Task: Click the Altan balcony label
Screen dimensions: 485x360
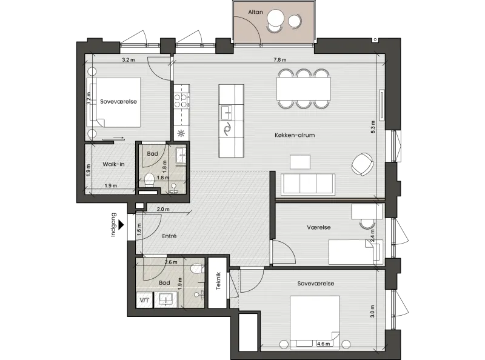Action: [x=255, y=12]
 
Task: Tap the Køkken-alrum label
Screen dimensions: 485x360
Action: [x=295, y=135]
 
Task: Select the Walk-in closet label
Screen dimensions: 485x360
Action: [x=113, y=164]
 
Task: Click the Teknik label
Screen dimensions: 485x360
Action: [x=218, y=281]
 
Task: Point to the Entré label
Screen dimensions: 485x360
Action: [x=169, y=236]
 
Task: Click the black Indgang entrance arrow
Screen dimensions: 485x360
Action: [x=121, y=224]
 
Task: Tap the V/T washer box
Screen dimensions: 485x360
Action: [x=144, y=300]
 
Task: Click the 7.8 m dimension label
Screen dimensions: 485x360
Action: [x=279, y=59]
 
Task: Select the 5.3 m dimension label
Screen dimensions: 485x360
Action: [x=373, y=127]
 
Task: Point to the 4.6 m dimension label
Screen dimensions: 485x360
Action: [x=323, y=344]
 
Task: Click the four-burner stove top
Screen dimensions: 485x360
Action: [x=181, y=101]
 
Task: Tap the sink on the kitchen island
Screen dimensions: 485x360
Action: [x=227, y=112]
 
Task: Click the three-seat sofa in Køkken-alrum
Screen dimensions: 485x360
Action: [x=308, y=184]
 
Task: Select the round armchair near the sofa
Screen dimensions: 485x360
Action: [x=363, y=164]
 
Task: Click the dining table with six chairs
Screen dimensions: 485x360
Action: [x=304, y=88]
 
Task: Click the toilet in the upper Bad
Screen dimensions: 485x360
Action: [x=149, y=179]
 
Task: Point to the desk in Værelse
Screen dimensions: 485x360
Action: [x=367, y=212]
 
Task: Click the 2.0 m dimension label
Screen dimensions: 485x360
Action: [x=163, y=209]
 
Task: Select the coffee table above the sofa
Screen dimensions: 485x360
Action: [x=300, y=162]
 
